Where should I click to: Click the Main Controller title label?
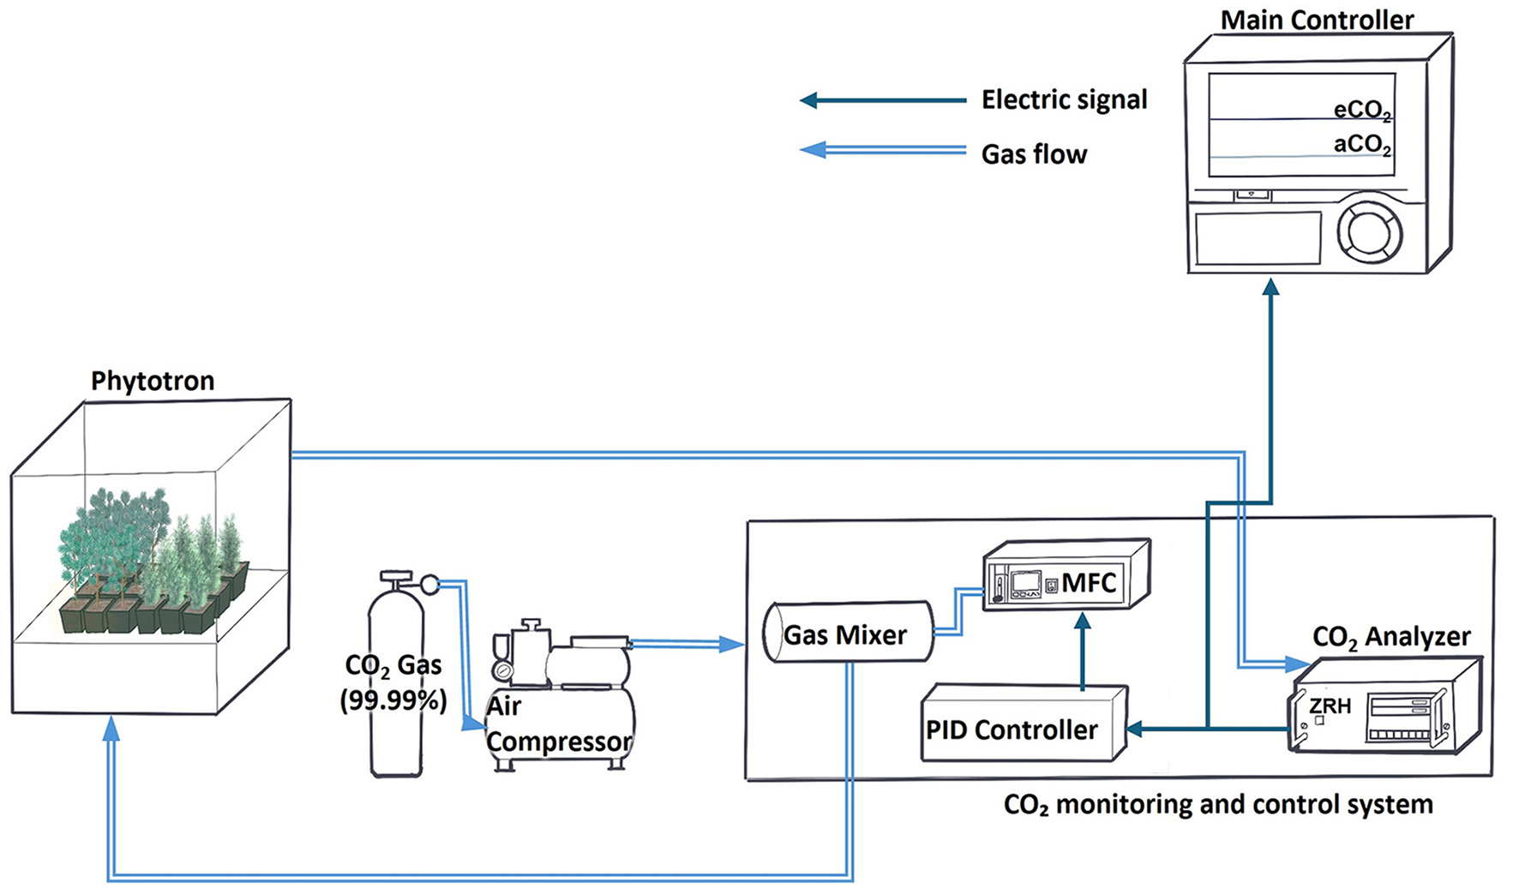pos(1317,20)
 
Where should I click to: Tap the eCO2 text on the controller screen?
pos(1362,111)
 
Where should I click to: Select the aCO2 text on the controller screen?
pos(1362,144)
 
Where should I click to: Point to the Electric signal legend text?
pos(1064,99)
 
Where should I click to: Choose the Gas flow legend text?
pos(1034,154)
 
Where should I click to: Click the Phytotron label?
pos(153,381)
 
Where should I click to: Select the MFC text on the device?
pos(1089,583)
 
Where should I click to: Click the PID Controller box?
pos(1012,730)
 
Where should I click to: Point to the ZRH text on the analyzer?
pos(1330,706)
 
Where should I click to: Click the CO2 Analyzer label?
pos(1390,637)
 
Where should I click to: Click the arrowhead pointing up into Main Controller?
pos(1270,287)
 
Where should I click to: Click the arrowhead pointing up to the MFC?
pos(1083,622)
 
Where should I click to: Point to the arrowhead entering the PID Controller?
pos(1135,730)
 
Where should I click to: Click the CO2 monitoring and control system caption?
pos(1217,805)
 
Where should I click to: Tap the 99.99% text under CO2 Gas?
pos(393,700)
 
